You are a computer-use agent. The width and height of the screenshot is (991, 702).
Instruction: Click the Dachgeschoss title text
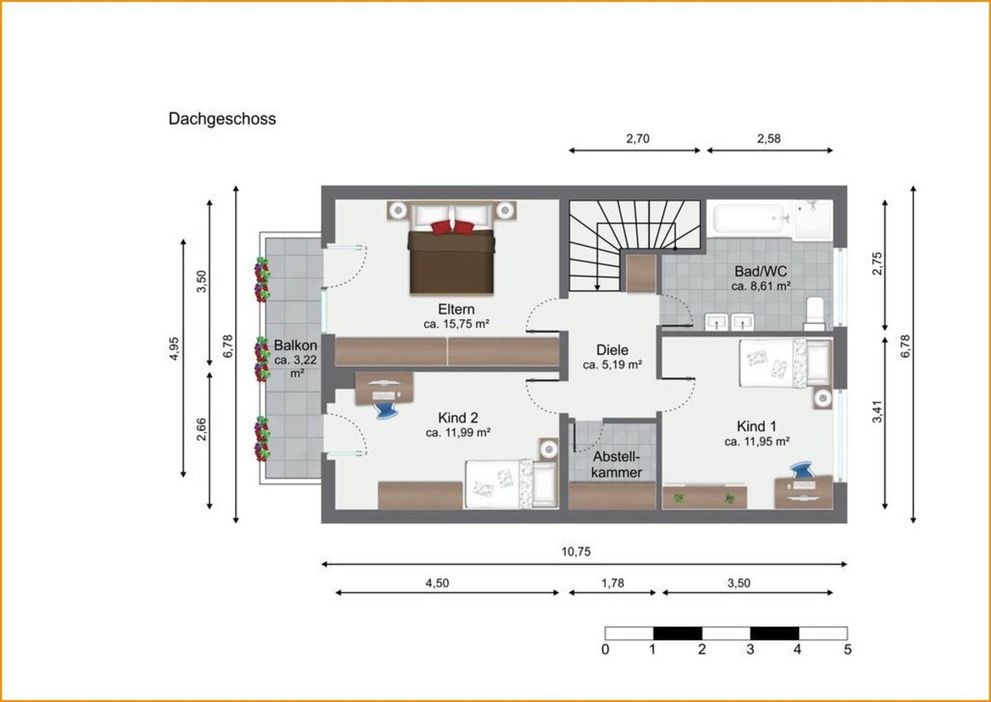222,119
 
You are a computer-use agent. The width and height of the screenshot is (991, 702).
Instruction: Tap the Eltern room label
456,309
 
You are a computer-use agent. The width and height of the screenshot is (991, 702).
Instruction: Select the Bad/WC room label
761,272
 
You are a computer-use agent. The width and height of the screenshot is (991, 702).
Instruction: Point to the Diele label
612,350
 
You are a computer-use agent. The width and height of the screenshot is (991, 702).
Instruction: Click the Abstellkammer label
617,465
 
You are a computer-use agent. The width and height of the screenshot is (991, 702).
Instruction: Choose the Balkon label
295,345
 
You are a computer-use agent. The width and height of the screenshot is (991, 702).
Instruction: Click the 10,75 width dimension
576,552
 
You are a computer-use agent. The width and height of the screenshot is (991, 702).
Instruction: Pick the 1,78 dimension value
613,583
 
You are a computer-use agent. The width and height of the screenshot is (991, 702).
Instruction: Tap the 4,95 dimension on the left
174,348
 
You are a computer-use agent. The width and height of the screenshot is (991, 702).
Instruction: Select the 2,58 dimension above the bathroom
769,139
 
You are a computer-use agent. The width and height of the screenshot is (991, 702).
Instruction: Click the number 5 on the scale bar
847,649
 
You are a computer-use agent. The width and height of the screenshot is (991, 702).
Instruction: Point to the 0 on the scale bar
605,649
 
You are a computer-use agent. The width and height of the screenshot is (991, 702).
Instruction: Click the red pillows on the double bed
452,227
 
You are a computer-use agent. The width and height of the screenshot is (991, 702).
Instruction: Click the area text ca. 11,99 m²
458,433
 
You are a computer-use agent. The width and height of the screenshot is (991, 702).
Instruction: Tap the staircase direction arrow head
597,287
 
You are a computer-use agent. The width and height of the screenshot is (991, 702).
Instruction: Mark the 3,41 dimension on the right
877,411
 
